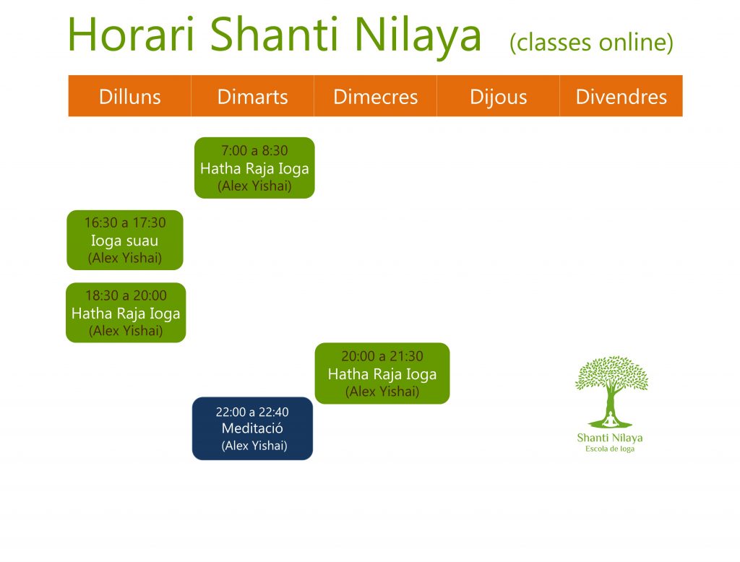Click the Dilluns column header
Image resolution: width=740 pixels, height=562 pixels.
[x=130, y=97]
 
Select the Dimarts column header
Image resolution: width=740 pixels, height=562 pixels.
[x=252, y=97]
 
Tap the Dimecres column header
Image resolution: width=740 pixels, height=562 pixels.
[x=375, y=97]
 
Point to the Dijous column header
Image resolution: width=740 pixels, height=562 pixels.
[x=499, y=98]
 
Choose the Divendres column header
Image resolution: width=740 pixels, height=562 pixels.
[x=621, y=97]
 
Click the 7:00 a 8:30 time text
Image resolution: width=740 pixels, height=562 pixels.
[x=254, y=150]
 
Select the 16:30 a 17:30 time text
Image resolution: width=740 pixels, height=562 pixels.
[x=125, y=222]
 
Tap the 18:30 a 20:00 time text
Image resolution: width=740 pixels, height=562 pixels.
[x=126, y=295]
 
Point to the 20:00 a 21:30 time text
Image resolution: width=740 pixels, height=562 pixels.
[x=382, y=356]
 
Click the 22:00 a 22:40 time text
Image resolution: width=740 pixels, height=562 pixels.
[x=252, y=412]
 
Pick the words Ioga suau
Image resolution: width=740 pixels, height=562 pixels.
[x=124, y=241]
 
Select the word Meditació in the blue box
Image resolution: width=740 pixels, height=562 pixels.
[x=252, y=428]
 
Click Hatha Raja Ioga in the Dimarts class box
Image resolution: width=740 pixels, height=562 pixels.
[x=254, y=168]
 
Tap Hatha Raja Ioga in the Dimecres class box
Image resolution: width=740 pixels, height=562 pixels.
[x=382, y=374]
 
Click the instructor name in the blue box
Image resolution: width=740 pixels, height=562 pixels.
[x=254, y=446]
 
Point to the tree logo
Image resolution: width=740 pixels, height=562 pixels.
[x=611, y=392]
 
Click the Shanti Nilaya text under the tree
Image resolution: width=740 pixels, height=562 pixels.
[x=610, y=438]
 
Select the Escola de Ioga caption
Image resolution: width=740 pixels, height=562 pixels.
[x=610, y=449]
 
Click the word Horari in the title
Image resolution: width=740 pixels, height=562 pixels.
[x=132, y=35]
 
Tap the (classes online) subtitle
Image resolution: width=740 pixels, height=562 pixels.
[x=591, y=43]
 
